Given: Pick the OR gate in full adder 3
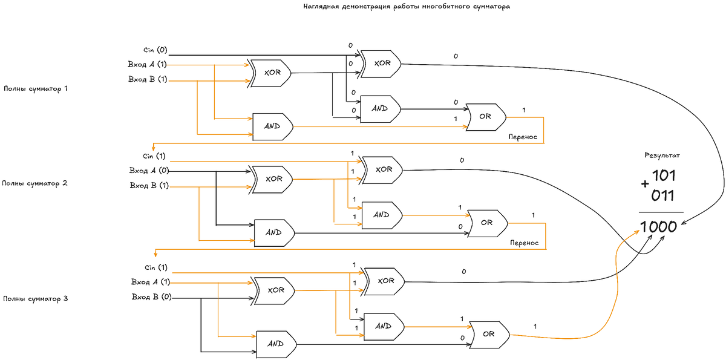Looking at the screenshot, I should point(489,334).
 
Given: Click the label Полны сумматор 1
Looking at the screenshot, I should point(36,88).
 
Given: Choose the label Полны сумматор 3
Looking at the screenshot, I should point(36,298).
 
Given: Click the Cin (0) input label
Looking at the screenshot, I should point(155,50).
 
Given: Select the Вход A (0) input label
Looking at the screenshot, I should point(149,170).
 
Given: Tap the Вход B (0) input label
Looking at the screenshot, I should point(151,296).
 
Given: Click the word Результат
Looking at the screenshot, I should point(662,155).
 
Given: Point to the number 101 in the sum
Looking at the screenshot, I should point(663,176).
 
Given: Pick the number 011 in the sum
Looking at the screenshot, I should point(663,195).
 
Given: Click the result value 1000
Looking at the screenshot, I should point(658,227).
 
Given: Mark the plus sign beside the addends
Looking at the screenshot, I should point(646,183).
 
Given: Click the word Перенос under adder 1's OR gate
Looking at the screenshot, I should point(523,137).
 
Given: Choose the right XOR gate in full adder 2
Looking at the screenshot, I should point(383,169).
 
